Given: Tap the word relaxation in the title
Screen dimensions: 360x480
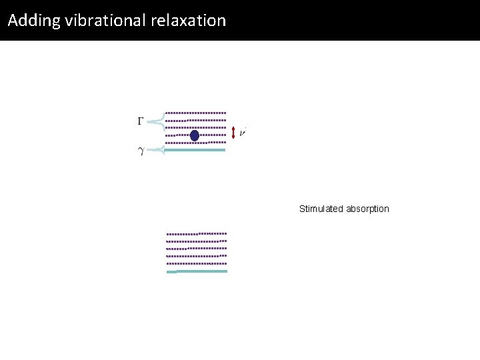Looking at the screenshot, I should click(x=194, y=21).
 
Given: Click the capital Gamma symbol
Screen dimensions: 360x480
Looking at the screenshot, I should click(x=140, y=121).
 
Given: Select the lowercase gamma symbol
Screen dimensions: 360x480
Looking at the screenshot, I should click(x=140, y=151).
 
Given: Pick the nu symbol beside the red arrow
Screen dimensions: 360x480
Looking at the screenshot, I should click(x=243, y=133).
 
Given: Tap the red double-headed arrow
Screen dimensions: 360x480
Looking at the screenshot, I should click(x=233, y=133).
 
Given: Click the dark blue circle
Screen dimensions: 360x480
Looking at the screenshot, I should click(x=195, y=136).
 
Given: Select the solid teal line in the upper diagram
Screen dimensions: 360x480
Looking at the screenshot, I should click(x=195, y=150).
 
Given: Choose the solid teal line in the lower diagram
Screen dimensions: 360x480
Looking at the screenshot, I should click(x=197, y=271).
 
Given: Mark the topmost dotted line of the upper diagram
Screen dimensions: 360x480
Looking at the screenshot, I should click(x=195, y=112).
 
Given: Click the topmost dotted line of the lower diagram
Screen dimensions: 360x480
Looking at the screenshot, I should click(x=197, y=234).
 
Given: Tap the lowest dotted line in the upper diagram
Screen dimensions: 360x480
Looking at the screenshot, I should click(x=195, y=143).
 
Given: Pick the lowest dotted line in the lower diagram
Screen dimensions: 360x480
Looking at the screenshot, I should click(x=197, y=263).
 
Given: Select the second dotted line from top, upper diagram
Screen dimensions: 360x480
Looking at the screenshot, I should click(x=195, y=120).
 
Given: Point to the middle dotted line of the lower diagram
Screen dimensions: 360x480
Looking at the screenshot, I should click(x=197, y=249).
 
